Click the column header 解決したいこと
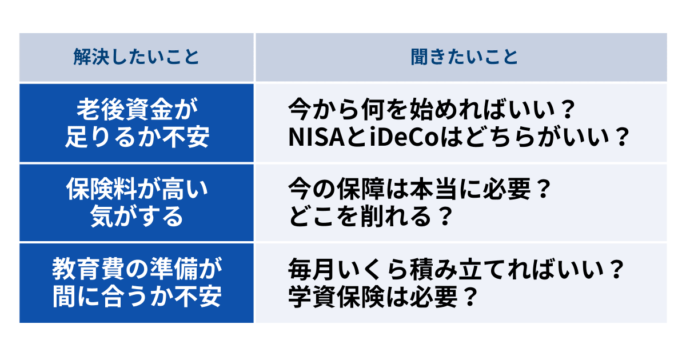point(137,57)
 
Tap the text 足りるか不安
point(137,137)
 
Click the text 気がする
point(137,217)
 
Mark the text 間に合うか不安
point(137,296)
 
